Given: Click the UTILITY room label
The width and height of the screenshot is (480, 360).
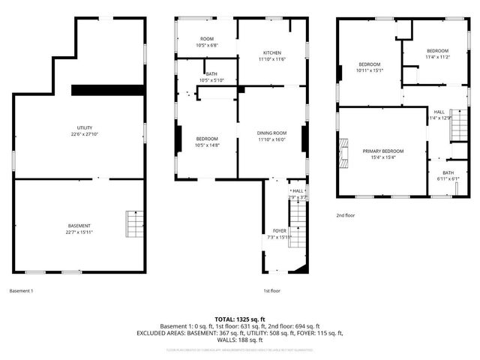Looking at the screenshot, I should tap(79, 128).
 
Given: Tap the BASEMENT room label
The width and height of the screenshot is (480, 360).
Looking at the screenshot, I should tap(79, 226).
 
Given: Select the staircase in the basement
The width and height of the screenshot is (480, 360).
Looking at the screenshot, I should tap(133, 223).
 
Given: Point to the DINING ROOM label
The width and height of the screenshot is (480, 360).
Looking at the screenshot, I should tap(272, 133).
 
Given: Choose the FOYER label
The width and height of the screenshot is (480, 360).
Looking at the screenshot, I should tap(279, 230).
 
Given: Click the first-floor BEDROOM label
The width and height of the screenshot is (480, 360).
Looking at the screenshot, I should tap(208, 139).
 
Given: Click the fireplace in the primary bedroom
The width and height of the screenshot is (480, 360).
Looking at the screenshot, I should tap(344, 151).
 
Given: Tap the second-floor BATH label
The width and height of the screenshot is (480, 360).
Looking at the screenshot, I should tap(448, 172).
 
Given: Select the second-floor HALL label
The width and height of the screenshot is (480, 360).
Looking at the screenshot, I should tap(439, 112).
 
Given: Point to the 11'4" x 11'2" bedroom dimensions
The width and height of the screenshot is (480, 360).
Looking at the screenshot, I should tap(437, 57).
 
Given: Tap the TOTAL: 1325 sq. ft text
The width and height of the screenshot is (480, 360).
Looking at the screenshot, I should tap(240, 319).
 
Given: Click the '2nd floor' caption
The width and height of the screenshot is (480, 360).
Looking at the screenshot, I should tap(346, 214).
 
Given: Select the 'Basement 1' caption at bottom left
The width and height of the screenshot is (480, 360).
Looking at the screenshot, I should tap(21, 291).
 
